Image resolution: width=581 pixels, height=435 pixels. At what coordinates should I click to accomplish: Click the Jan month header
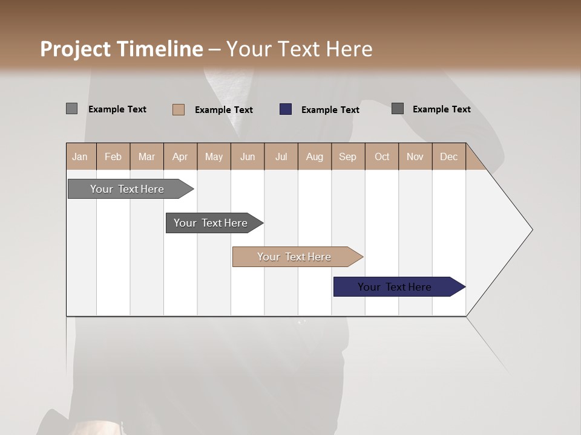[x=80, y=156]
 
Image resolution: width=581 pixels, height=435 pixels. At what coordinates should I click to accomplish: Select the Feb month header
[x=113, y=156]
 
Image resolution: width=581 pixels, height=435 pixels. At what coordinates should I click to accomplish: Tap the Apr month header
[x=180, y=156]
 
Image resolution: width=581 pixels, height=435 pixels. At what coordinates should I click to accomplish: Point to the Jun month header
[x=248, y=156]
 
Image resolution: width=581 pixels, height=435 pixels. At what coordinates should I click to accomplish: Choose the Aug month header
[x=314, y=156]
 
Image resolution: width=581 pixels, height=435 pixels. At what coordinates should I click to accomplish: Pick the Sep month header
[x=347, y=156]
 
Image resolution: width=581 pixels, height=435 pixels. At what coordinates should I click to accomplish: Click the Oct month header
[x=382, y=156]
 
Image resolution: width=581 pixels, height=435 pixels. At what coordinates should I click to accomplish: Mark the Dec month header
[x=448, y=156]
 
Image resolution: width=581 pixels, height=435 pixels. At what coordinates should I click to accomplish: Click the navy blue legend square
[x=286, y=109]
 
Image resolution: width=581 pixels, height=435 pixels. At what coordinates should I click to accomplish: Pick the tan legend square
[x=179, y=109]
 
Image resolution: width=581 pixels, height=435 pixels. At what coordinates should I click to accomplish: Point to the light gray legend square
[x=71, y=109]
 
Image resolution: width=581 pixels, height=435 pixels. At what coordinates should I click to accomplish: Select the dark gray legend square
[x=398, y=109]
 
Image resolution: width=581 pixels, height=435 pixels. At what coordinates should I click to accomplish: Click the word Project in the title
[x=75, y=49]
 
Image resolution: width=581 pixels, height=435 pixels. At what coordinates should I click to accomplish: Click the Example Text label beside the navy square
[x=330, y=110]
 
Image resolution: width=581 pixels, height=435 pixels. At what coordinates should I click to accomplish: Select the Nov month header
[x=415, y=156]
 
